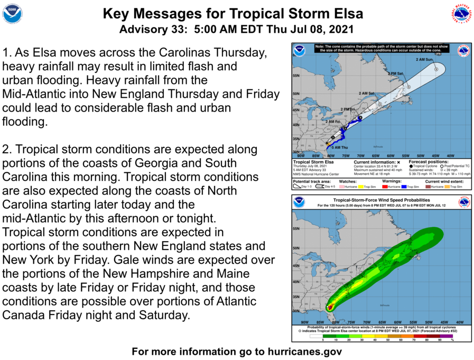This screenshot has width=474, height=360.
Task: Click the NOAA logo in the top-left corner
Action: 12,14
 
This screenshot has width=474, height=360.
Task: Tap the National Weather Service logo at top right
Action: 461,14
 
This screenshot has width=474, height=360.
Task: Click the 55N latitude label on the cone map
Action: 296,76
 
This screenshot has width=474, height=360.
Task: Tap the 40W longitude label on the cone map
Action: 451,155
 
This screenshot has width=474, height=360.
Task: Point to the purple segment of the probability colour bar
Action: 447,336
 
